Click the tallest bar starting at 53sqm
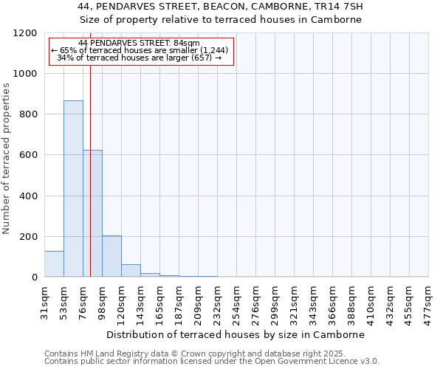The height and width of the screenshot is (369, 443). click(x=73, y=188)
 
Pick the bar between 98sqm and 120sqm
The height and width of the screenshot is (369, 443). click(x=111, y=256)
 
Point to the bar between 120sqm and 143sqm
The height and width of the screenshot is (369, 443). click(x=131, y=271)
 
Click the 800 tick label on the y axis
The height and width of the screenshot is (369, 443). click(x=27, y=114)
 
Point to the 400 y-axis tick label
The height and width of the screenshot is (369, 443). click(x=27, y=196)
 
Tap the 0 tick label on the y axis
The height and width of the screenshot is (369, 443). click(x=34, y=277)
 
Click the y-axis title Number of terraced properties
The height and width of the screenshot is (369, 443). click(x=7, y=159)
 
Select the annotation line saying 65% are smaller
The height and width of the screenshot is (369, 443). click(x=140, y=50)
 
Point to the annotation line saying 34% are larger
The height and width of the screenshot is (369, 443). click(x=140, y=58)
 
